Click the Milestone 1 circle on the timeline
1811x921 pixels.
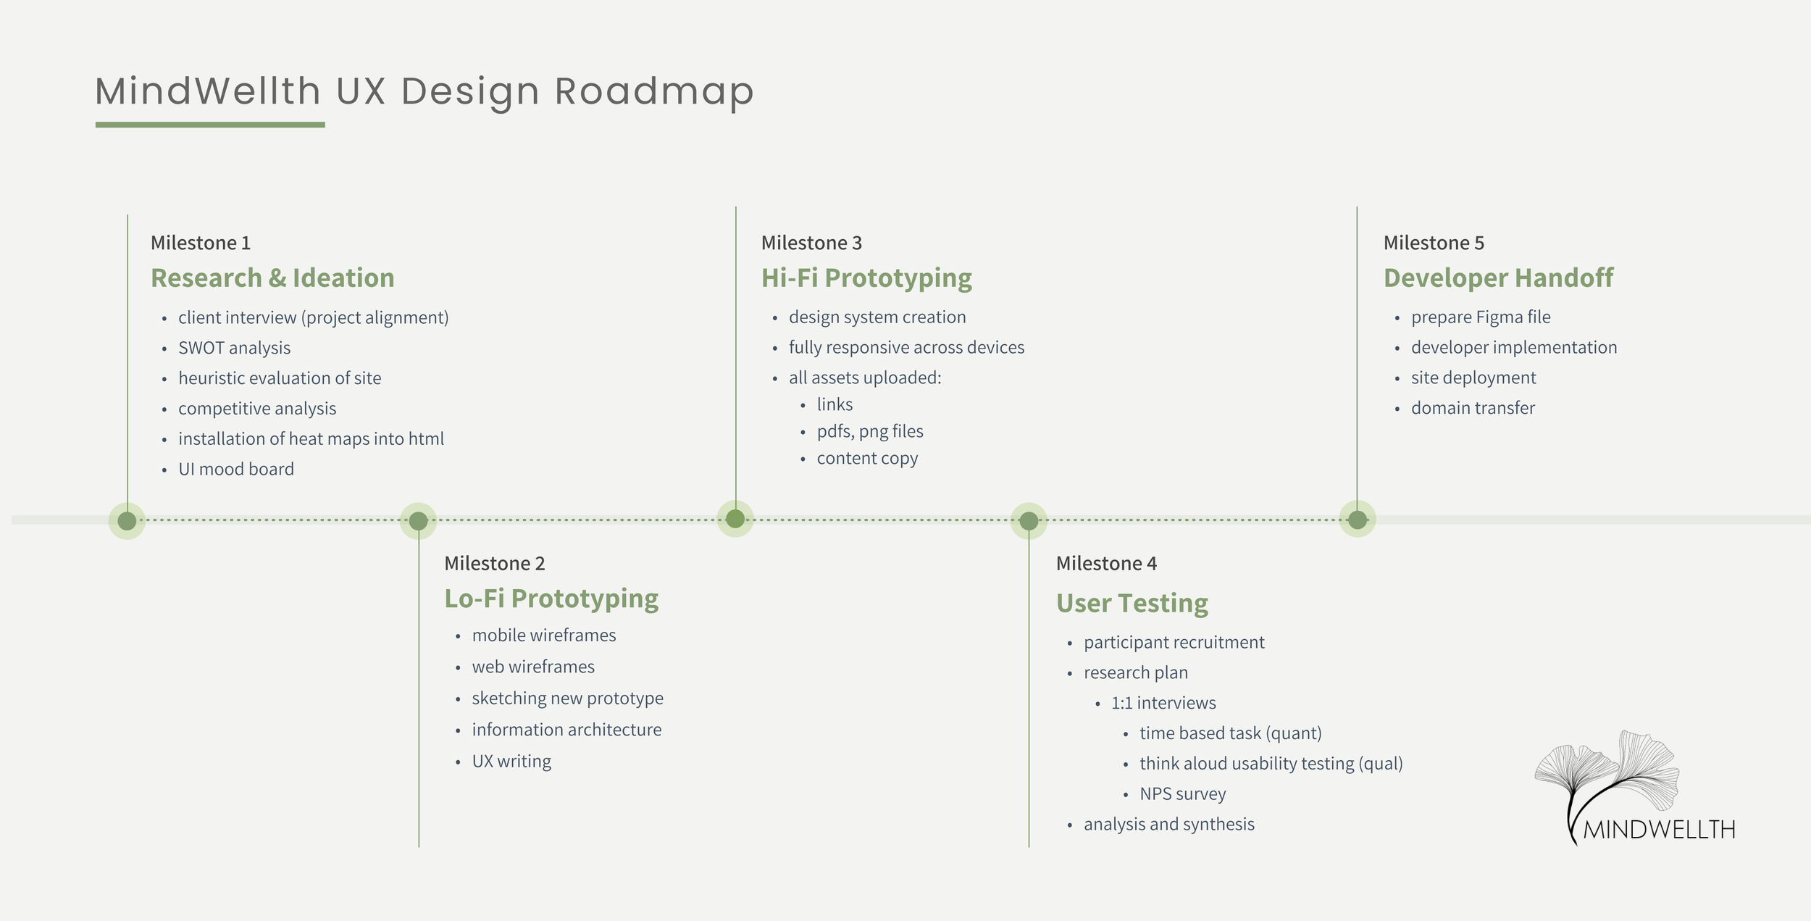127,520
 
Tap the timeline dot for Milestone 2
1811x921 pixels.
418,520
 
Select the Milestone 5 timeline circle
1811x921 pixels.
1357,520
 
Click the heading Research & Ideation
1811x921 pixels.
272,278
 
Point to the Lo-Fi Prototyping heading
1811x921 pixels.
551,599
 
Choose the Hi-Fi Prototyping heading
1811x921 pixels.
866,278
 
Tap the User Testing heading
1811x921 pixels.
1132,603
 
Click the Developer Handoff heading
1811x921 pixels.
1498,278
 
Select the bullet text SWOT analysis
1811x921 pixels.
234,348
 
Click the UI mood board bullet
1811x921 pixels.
236,469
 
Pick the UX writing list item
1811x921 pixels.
511,761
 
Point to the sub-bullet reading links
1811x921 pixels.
835,404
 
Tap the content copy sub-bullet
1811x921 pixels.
867,458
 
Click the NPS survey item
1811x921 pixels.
1182,793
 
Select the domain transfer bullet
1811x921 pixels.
1473,408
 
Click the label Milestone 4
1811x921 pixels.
1106,563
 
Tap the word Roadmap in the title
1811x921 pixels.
654,92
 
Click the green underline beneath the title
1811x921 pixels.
210,125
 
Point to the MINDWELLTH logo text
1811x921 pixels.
1659,829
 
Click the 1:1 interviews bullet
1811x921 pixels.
1163,703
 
